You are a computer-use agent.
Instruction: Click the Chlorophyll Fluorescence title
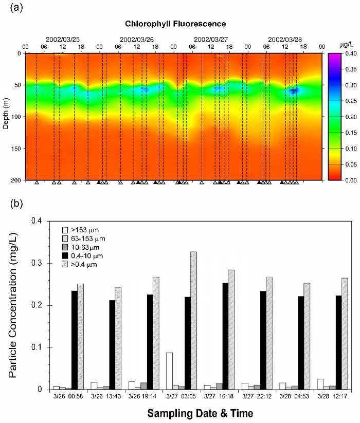click(x=175, y=24)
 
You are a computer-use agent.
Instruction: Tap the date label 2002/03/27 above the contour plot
click(x=211, y=39)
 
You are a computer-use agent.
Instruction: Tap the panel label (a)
click(x=13, y=7)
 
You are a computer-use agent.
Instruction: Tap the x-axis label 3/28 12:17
click(x=332, y=396)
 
